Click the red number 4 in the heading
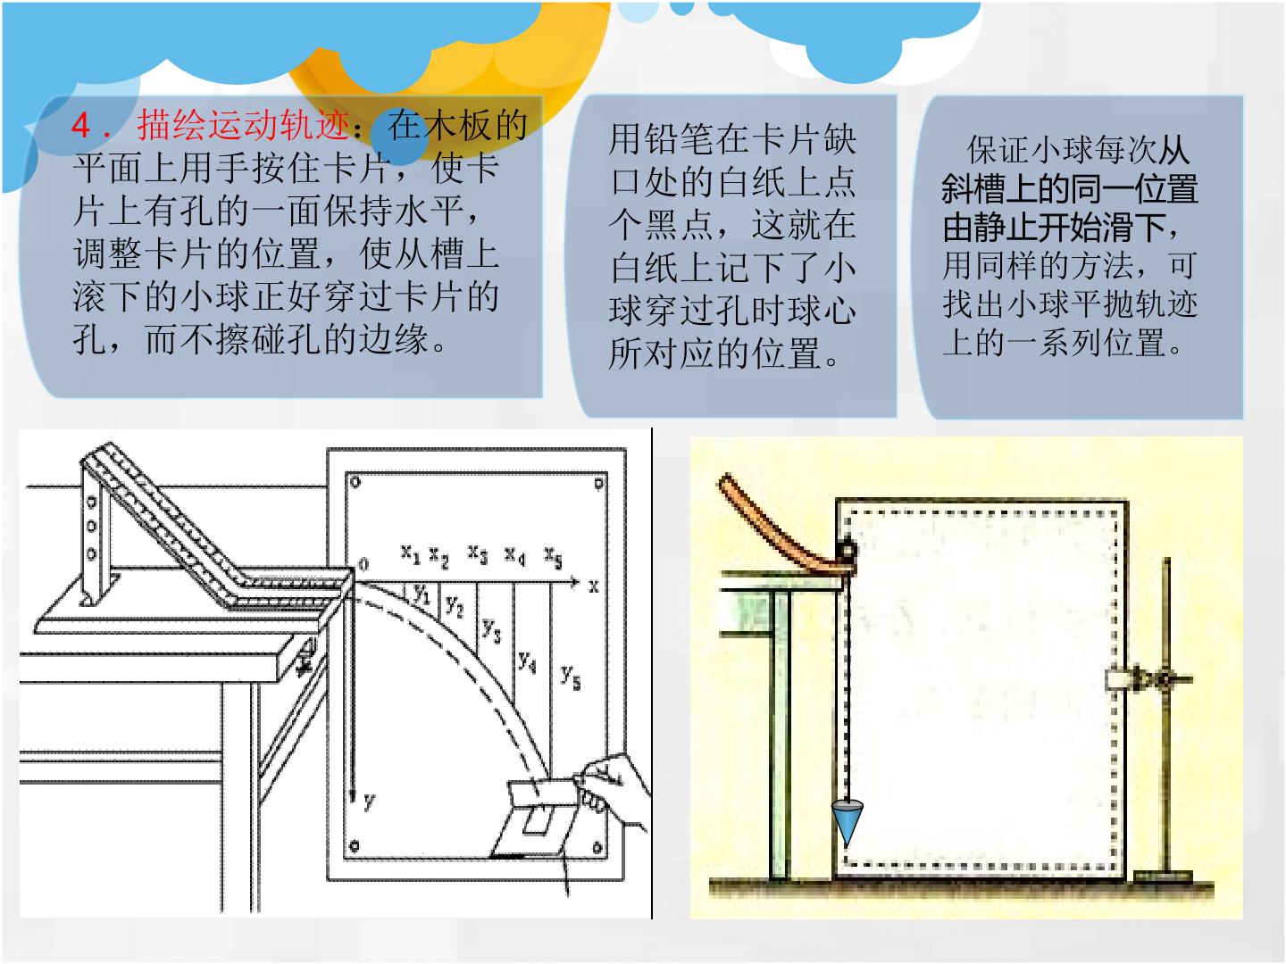(81, 125)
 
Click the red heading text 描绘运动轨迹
(244, 125)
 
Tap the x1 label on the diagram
(410, 553)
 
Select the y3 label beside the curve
(491, 630)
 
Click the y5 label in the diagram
(571, 676)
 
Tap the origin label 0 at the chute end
(363, 563)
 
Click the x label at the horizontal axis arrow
(594, 586)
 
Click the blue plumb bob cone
(847, 822)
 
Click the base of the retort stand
(1163, 877)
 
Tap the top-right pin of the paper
(598, 484)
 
